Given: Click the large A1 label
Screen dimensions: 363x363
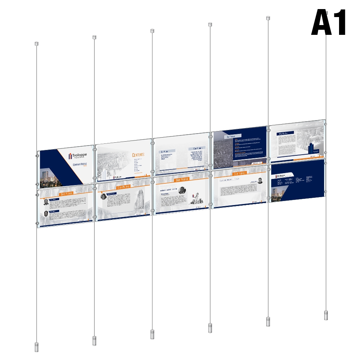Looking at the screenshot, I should tap(329, 23).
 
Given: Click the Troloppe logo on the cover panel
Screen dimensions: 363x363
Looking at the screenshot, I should tap(77, 156).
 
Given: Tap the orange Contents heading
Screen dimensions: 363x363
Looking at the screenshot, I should tap(138, 155).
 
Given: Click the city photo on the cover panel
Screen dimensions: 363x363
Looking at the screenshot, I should tap(49, 178).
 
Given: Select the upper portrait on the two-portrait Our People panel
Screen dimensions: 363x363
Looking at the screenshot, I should tap(46, 202).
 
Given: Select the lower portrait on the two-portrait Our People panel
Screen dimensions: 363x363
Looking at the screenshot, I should tap(46, 213).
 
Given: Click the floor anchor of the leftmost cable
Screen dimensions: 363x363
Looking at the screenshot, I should tap(36, 347).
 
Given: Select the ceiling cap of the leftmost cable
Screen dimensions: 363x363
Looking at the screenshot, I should tap(36, 44).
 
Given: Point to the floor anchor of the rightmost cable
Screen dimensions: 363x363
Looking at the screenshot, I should tap(326, 315).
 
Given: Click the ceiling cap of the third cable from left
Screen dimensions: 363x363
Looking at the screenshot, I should tap(152, 31).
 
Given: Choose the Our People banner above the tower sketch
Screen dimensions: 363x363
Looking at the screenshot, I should tap(123, 187).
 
